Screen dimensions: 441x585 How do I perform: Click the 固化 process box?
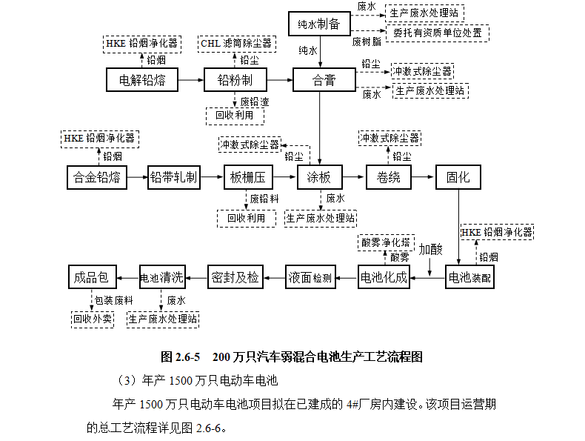[458, 178]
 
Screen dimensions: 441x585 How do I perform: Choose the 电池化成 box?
[384, 278]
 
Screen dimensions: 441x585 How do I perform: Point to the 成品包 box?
[92, 278]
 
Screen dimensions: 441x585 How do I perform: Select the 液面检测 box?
[310, 278]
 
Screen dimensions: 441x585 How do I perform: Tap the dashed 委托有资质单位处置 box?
[437, 33]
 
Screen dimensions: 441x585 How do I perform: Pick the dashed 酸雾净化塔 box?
[384, 242]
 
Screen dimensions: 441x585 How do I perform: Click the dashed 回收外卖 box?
[92, 319]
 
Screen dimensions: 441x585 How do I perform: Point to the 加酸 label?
[430, 249]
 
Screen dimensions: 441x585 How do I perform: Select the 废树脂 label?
[367, 42]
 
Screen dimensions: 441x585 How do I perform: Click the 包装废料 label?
[114, 300]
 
